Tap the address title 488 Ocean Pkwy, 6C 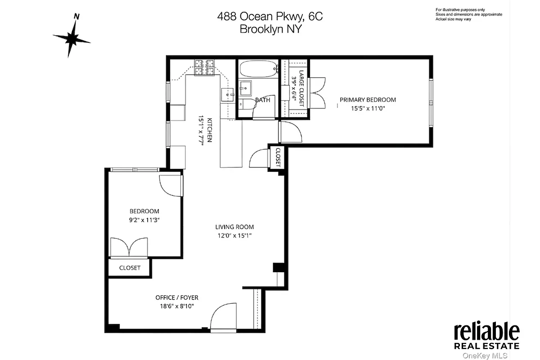click(270, 17)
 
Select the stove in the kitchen click(204, 67)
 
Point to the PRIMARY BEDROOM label click(368, 100)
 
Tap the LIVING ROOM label click(234, 227)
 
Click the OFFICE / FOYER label click(177, 297)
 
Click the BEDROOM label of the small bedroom click(144, 211)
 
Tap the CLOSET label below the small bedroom click(130, 268)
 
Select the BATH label click(262, 100)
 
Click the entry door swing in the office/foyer click(223, 317)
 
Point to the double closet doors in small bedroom click(130, 247)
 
